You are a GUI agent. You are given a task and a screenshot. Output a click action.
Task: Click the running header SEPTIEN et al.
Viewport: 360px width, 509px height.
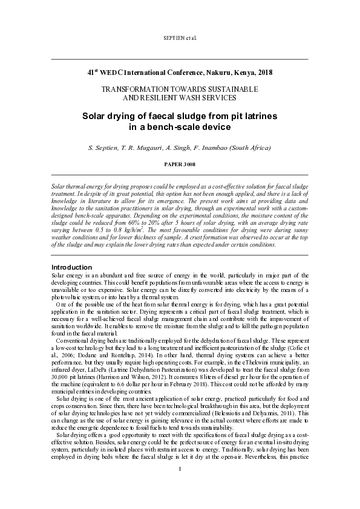[180, 37]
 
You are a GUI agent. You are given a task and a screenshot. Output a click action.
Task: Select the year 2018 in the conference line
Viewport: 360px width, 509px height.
[264, 73]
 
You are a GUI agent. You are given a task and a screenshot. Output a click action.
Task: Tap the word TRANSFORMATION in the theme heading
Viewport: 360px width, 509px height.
[133, 89]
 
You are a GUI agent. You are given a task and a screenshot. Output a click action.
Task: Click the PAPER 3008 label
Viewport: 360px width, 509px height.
[180, 164]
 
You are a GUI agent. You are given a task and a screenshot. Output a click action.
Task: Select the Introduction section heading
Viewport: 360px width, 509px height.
[71, 267]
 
